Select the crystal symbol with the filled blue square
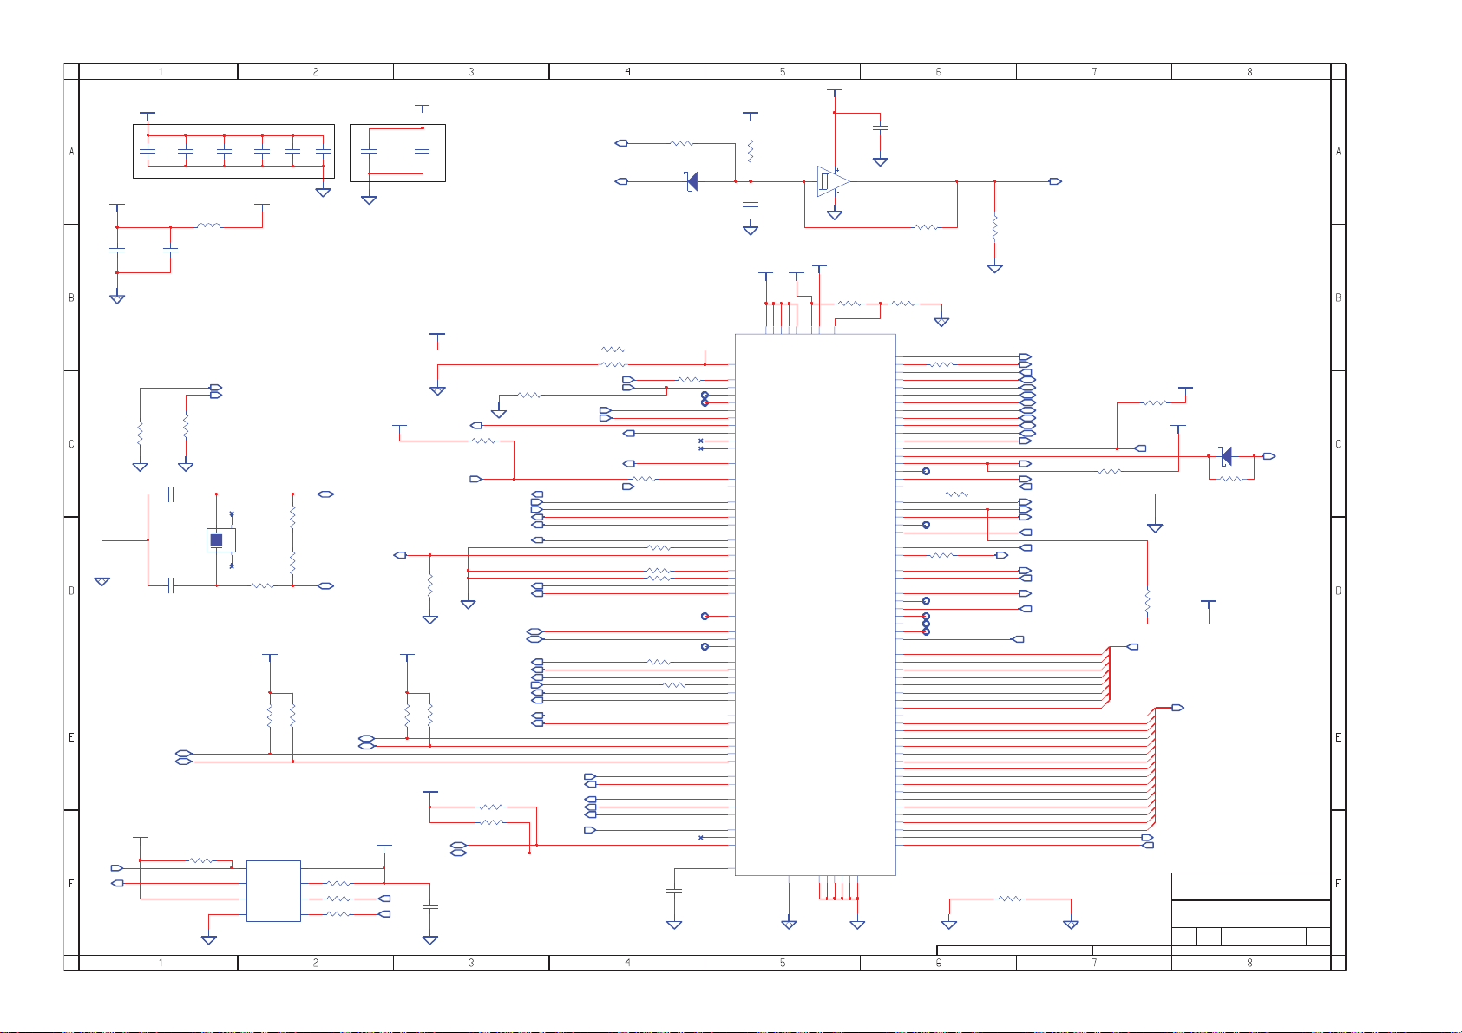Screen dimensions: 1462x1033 (220, 540)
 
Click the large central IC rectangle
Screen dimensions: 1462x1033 (816, 605)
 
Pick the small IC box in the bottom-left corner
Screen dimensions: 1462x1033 (273, 891)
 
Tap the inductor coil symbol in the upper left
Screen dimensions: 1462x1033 (209, 226)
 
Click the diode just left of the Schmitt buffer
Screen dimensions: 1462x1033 (692, 181)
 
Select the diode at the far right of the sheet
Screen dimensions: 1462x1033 (1226, 456)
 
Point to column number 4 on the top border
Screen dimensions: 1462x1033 (628, 72)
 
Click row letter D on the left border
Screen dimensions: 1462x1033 (71, 591)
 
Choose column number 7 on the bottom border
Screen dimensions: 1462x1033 (1094, 963)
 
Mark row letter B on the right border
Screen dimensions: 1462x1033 (1338, 297)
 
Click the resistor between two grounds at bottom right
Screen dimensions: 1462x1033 (1010, 899)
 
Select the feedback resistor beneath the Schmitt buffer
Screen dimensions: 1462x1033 (926, 227)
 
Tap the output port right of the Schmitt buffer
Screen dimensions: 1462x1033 (1055, 181)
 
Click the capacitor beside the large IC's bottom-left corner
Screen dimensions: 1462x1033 (674, 891)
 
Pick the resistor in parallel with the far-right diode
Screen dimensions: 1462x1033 (1231, 479)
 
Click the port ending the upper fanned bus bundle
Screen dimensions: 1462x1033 (1132, 647)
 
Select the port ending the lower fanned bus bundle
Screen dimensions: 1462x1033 (1177, 708)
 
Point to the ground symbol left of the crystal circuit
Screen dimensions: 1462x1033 (102, 581)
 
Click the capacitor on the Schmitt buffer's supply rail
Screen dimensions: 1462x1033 (880, 127)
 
